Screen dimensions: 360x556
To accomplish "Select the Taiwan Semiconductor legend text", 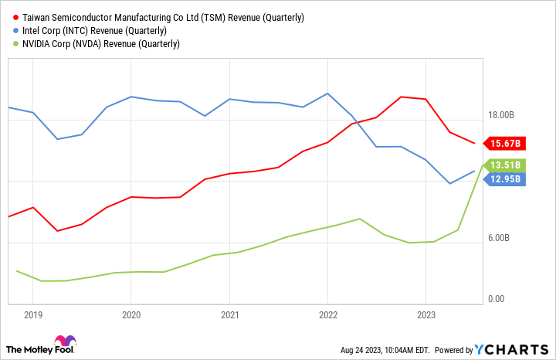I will [x=163, y=17].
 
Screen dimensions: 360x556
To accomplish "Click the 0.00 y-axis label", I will [x=497, y=299].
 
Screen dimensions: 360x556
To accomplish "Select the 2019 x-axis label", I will [x=32, y=315].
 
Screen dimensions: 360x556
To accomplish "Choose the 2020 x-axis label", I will [x=131, y=315].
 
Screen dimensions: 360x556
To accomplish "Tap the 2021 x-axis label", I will [x=229, y=315].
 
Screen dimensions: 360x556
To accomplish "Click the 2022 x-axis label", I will [x=327, y=315].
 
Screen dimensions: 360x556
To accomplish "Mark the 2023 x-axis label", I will [x=425, y=315].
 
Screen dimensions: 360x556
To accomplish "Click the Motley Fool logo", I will [x=43, y=345].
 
